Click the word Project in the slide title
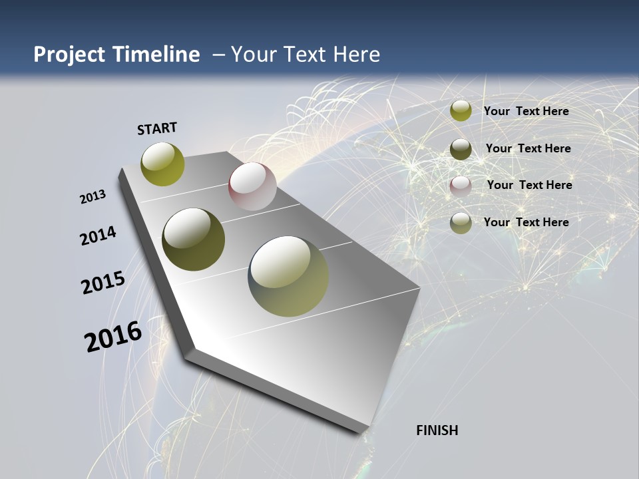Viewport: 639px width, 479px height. pos(70,55)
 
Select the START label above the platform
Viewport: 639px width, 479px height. pos(157,128)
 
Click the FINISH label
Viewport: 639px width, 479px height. pos(437,430)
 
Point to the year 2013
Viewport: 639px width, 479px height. pos(93,197)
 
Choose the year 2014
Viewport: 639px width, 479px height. pos(99,236)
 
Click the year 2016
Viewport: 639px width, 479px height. pos(113,337)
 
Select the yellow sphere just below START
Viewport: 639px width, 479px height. pos(163,164)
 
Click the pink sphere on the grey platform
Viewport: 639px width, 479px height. pos(252,186)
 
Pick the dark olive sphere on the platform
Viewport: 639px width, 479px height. pos(194,239)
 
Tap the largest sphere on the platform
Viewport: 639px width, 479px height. pos(288,276)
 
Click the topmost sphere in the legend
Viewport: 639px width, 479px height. pos(461,111)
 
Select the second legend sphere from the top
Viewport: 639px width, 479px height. pos(461,149)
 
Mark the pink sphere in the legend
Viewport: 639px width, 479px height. pos(461,186)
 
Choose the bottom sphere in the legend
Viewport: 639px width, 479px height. pos(461,223)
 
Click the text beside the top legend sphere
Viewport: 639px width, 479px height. pos(526,111)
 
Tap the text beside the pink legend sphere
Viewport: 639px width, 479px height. pos(529,185)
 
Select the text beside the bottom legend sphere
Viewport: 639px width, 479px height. pos(526,222)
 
